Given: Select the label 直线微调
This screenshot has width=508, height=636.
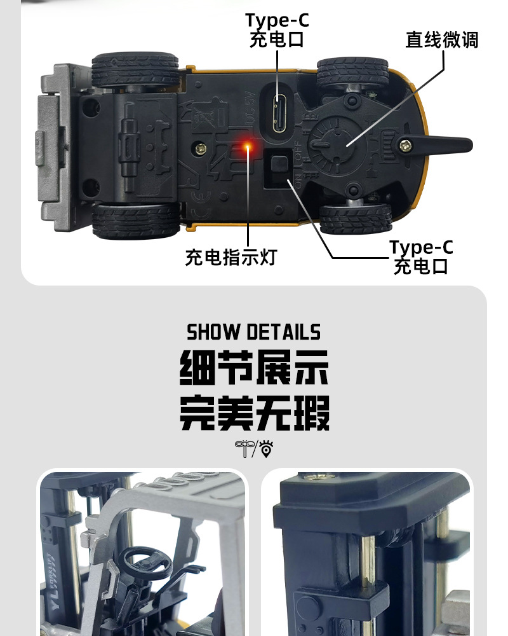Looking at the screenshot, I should click(442, 40).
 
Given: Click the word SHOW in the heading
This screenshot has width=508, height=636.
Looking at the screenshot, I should click(213, 332).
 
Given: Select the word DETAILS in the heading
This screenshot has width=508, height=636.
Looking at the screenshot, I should click(283, 332).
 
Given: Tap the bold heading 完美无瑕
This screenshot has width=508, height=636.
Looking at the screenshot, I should click(255, 413).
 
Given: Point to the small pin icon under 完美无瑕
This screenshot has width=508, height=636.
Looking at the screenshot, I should click(266, 449).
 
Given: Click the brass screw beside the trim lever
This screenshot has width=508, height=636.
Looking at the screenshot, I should click(404, 146).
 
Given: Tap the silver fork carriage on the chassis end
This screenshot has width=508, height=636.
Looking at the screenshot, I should click(54, 146).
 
